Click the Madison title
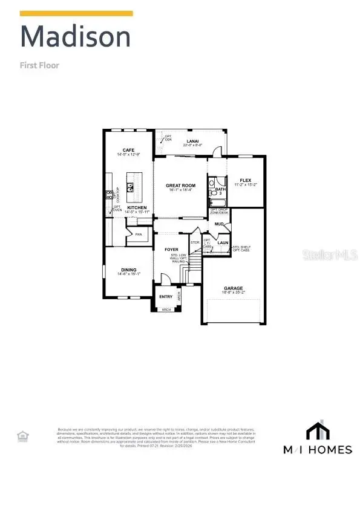(76, 37)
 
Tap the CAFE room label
(128, 150)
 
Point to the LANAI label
(192, 141)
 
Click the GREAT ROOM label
(180, 186)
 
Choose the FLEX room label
(245, 180)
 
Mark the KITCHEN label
(137, 207)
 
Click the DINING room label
(128, 270)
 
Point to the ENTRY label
(166, 296)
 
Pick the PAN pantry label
(138, 235)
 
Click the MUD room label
(218, 224)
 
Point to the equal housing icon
(22, 435)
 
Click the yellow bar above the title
(77, 13)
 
